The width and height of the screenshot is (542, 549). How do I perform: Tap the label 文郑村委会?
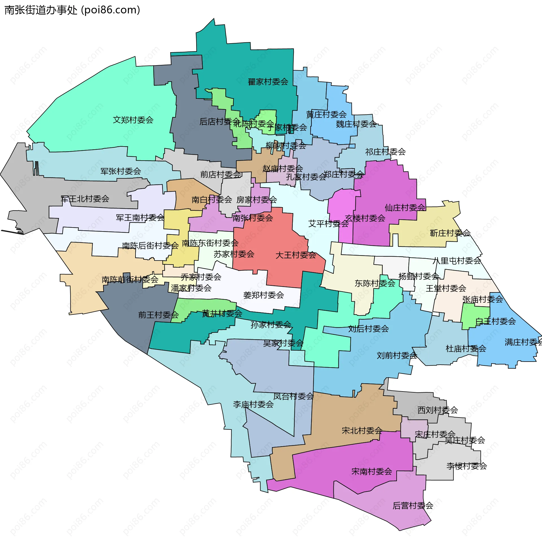[x=133, y=120]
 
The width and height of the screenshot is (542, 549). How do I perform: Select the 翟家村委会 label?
[x=268, y=82]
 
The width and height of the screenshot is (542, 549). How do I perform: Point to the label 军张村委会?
[x=121, y=171]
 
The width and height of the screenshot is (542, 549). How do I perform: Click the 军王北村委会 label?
[x=85, y=199]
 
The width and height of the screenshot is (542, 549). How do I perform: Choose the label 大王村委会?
[x=296, y=255]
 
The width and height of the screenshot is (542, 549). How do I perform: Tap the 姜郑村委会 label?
[x=263, y=295]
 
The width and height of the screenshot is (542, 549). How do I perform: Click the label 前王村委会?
[x=158, y=315]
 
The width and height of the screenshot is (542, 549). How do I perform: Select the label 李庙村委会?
[x=253, y=404]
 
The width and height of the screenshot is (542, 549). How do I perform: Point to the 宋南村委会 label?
[x=372, y=472]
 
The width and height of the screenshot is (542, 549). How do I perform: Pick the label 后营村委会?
[x=413, y=506]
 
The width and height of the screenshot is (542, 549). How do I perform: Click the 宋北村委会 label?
[x=362, y=431]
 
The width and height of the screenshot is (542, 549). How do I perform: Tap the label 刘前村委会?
[x=397, y=355]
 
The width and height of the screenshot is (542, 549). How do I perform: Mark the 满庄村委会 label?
[x=523, y=342]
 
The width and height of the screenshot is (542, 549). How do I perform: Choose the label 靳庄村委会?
[x=450, y=233]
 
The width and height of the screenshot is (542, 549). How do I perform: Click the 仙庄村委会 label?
[x=405, y=208]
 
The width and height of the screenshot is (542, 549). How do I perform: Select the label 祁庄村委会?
[x=385, y=152]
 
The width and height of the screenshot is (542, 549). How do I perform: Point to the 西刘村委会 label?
[x=438, y=410]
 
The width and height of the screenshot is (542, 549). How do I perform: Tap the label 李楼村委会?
[x=467, y=466]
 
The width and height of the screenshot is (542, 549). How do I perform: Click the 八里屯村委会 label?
[x=457, y=261]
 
